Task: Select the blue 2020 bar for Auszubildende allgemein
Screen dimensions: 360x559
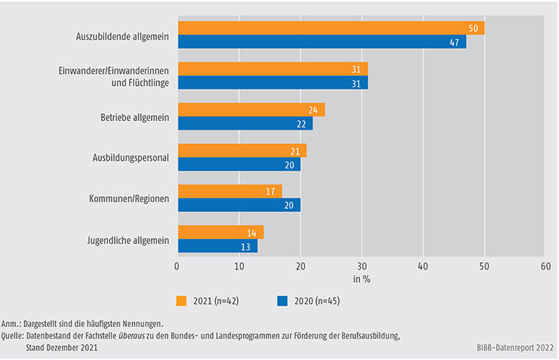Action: click(x=322, y=42)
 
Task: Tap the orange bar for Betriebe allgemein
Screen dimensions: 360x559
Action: click(x=251, y=110)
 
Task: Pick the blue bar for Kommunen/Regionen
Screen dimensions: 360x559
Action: click(x=239, y=205)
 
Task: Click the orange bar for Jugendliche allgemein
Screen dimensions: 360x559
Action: click(x=221, y=232)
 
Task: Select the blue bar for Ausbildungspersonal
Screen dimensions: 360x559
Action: click(x=239, y=164)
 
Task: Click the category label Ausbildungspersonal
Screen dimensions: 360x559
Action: click(x=126, y=157)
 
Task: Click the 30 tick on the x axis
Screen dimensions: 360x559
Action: click(x=361, y=266)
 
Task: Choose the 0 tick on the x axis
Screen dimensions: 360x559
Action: click(x=178, y=266)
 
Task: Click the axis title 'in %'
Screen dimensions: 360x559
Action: click(x=361, y=279)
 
